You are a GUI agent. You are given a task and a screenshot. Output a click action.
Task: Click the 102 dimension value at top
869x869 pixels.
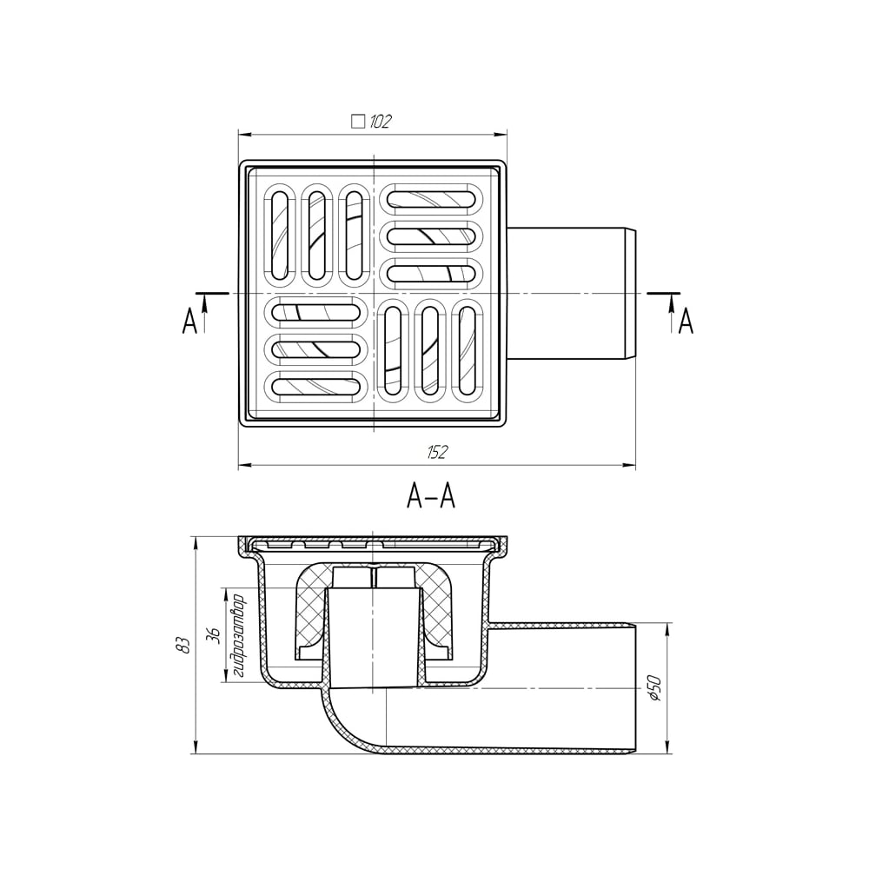pos(380,122)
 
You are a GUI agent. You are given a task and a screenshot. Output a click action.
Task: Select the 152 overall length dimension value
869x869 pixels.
pos(437,453)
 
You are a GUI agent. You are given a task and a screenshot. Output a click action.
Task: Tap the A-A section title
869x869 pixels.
pos(431,495)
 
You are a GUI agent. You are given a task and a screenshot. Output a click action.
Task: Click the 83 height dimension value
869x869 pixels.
pos(184,644)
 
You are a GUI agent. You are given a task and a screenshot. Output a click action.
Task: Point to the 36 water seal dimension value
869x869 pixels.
pos(214,635)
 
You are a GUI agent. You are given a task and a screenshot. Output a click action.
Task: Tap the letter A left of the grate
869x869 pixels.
pos(189,321)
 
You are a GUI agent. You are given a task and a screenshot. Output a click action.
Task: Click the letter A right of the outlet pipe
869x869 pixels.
pos(687,321)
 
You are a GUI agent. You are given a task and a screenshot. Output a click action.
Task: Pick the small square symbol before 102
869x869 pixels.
pos(358,122)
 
